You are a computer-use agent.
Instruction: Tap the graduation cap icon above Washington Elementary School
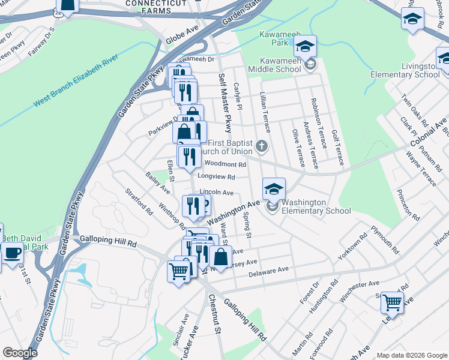tap(274, 188)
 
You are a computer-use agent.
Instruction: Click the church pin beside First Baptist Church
tap(261, 145)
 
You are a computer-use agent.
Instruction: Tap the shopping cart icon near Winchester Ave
tap(391, 302)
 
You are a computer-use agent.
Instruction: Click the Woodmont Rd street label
tap(226, 164)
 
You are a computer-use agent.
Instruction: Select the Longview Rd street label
tap(214, 177)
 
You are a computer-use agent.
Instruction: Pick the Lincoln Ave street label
tap(216, 193)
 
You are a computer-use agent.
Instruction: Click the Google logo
tap(20, 353)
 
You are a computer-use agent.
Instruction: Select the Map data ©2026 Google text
tap(411, 355)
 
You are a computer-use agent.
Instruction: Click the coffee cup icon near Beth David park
tap(12, 252)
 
